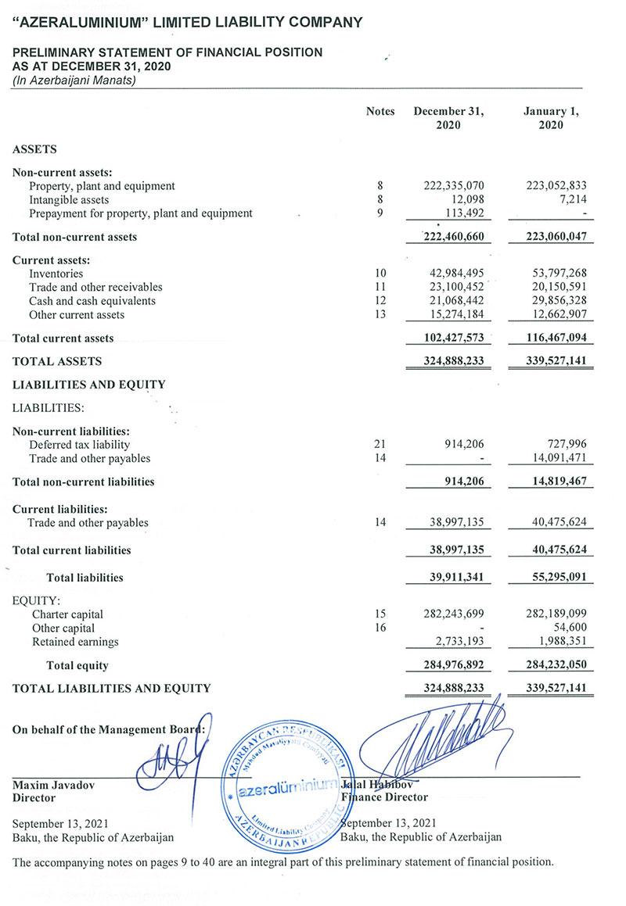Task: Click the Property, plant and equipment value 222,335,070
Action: click(454, 186)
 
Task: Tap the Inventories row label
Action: click(56, 274)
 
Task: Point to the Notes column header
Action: click(380, 112)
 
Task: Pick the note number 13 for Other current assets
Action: click(380, 315)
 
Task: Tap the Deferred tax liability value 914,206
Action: click(462, 445)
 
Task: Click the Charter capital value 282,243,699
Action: click(454, 614)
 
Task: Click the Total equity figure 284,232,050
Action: click(551, 666)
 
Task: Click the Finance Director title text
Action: click(384, 797)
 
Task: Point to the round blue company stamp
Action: click(286, 786)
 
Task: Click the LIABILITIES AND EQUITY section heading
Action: click(89, 385)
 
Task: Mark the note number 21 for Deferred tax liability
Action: click(380, 445)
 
